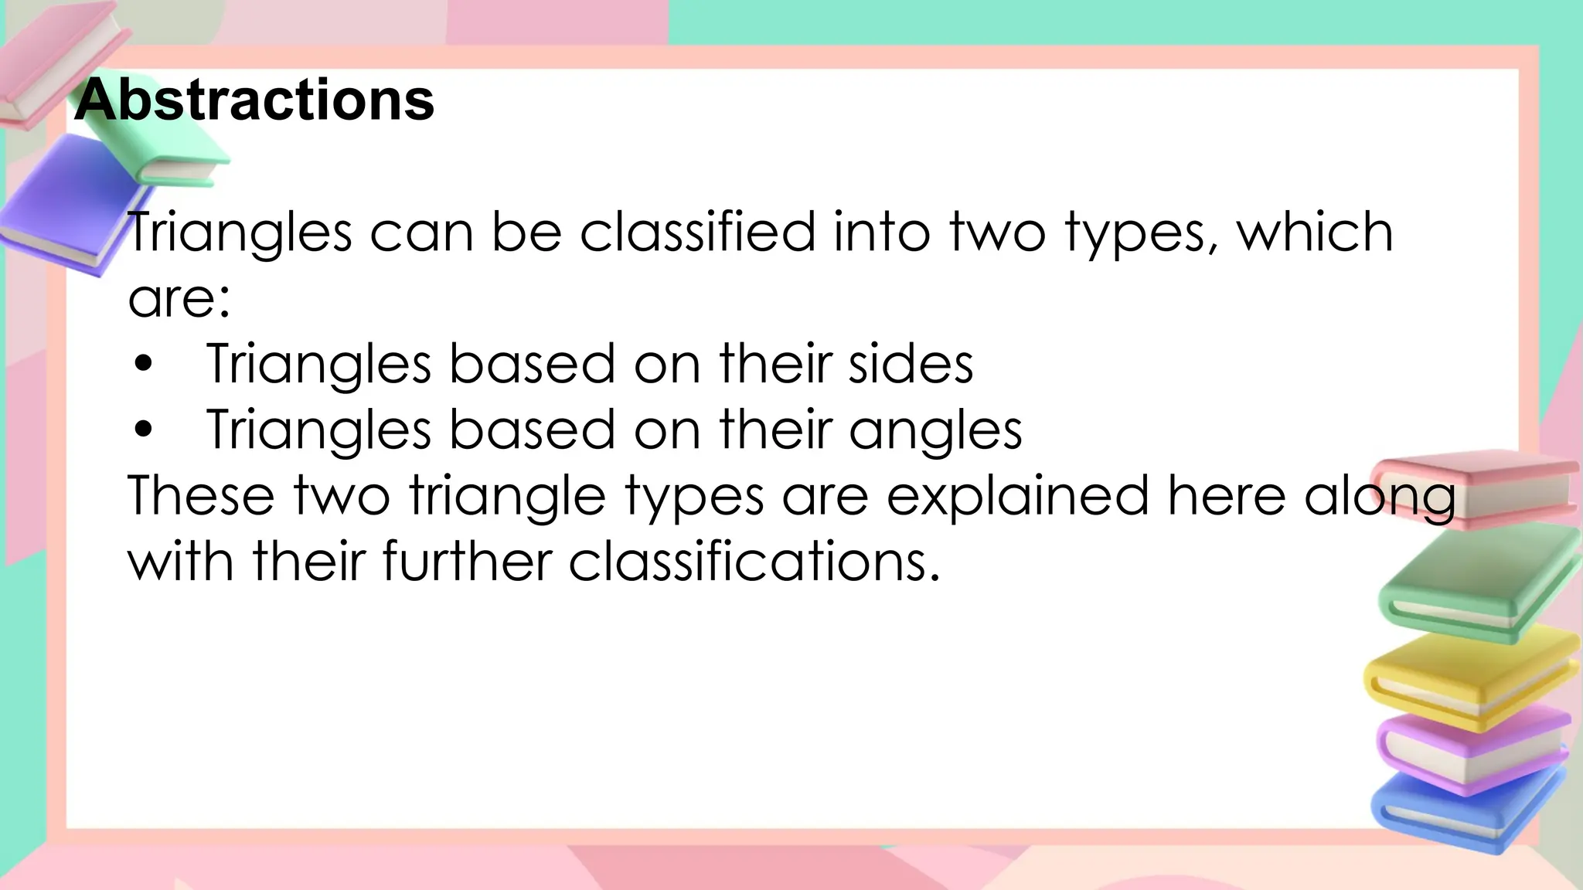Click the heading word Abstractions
click(254, 100)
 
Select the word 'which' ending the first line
click(1315, 231)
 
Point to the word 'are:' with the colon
click(179, 298)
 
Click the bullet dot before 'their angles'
click(143, 431)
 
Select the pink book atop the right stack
click(1476, 487)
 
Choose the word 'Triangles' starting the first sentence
click(240, 233)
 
